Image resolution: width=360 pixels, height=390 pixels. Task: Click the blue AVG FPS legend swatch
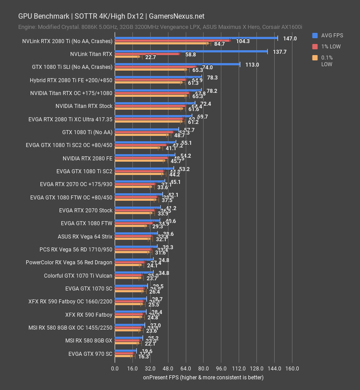[315, 35]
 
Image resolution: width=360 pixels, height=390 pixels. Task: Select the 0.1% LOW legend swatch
[315, 57]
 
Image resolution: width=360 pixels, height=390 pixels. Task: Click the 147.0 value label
[290, 39]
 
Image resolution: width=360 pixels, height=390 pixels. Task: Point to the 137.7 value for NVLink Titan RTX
[279, 52]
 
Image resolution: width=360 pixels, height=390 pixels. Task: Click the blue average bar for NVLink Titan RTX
[191, 52]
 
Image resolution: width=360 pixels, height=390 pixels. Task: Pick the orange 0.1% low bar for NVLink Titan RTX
[127, 57]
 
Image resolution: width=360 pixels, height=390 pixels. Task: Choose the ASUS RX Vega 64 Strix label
[85, 236]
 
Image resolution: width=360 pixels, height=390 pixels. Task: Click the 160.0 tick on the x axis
[292, 369]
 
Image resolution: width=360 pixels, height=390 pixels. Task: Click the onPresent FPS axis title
[203, 378]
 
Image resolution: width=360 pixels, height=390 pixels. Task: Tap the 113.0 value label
[252, 64]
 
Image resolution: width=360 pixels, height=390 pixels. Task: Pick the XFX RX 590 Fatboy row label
[88, 315]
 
